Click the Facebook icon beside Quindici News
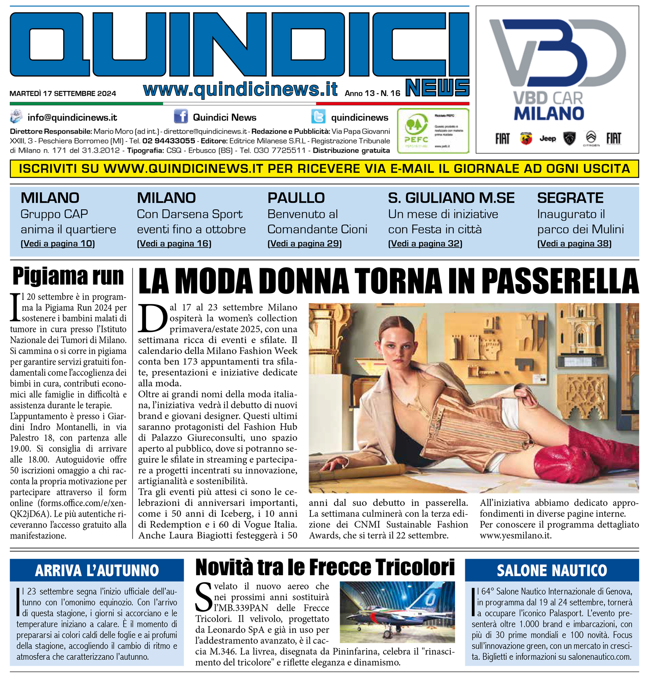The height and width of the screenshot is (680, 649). (x=181, y=116)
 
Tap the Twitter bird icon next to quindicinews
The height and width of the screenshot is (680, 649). (x=318, y=116)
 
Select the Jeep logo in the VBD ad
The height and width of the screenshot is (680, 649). (x=547, y=139)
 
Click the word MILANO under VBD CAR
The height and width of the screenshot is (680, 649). (x=549, y=114)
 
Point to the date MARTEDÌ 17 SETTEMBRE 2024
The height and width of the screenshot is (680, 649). (x=63, y=93)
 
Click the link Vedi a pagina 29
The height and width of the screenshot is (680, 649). (x=304, y=244)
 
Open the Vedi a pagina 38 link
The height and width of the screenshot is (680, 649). (x=574, y=244)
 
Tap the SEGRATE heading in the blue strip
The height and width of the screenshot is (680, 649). (x=570, y=198)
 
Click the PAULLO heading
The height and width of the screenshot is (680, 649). (x=296, y=198)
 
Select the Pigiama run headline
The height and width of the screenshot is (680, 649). (x=68, y=276)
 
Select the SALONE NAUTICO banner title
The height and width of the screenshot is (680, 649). (x=551, y=571)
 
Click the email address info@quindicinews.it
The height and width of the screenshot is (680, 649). (x=72, y=117)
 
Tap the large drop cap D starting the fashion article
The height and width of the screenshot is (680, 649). (x=152, y=318)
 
